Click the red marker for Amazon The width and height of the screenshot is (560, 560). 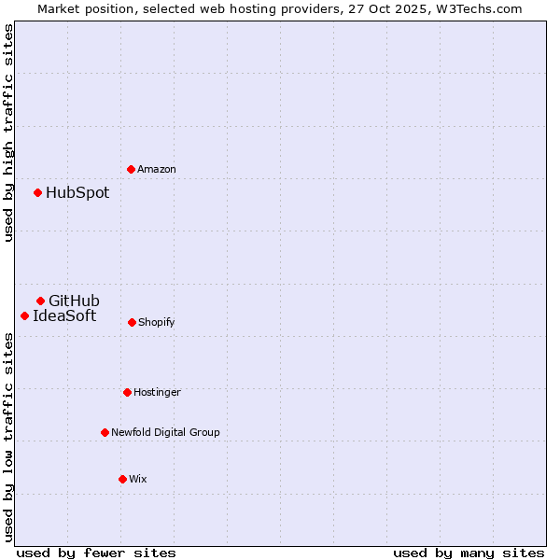click(x=131, y=169)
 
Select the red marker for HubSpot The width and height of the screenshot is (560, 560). click(x=37, y=192)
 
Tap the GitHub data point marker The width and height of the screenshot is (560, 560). click(x=40, y=301)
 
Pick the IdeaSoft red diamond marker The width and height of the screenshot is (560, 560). click(x=24, y=315)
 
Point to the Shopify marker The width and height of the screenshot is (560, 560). click(x=132, y=322)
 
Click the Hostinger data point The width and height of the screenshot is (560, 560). click(x=127, y=392)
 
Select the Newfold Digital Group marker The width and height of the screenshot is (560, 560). click(x=105, y=432)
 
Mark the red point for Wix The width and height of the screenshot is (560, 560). click(x=122, y=479)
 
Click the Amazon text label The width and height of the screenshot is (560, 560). click(x=157, y=169)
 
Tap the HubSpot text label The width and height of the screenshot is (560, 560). click(x=77, y=193)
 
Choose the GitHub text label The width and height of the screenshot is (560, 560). click(x=74, y=301)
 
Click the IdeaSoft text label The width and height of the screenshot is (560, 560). click(x=64, y=315)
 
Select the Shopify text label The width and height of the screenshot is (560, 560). click(x=157, y=322)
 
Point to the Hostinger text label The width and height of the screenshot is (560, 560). click(x=157, y=392)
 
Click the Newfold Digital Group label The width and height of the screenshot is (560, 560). click(x=165, y=432)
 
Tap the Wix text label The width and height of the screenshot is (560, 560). click(x=138, y=479)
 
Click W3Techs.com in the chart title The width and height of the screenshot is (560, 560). click(x=480, y=8)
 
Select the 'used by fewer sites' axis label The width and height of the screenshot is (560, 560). click(x=96, y=553)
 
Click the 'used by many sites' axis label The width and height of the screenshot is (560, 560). click(x=469, y=553)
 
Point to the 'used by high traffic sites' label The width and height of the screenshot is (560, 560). click(x=8, y=133)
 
